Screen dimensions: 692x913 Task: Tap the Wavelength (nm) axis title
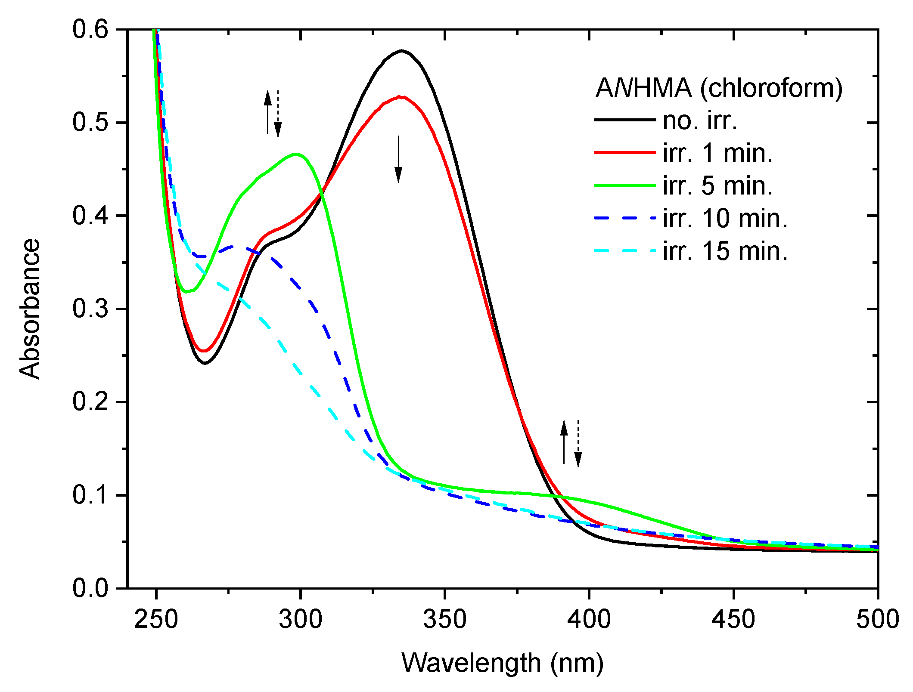(x=502, y=663)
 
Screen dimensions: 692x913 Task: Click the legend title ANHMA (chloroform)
(x=718, y=88)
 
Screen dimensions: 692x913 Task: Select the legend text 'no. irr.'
(x=700, y=120)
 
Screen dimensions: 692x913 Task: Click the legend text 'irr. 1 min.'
(x=717, y=153)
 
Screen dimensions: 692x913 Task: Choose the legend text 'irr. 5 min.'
(x=717, y=186)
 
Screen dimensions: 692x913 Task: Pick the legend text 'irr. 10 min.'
(x=725, y=219)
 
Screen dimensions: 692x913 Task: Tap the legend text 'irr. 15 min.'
(x=725, y=251)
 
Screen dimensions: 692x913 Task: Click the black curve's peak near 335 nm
(x=402, y=51)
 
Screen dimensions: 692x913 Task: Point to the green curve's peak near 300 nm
(x=296, y=154)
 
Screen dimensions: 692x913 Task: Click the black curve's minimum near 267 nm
(x=205, y=363)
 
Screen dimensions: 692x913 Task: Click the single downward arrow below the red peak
(x=398, y=159)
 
